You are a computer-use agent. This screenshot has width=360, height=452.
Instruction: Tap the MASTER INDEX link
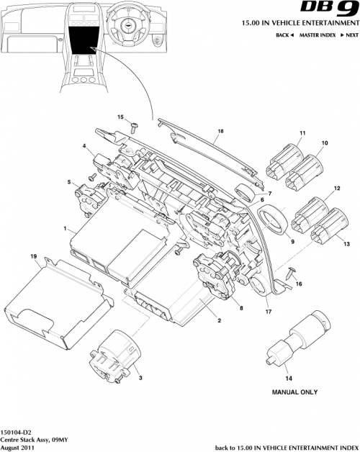[x=320, y=35]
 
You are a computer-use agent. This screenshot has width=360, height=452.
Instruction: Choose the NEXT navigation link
[x=350, y=35]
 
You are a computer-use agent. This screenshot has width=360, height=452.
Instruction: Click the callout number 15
[x=121, y=117]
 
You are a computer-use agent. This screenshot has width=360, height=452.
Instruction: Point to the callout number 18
[x=220, y=132]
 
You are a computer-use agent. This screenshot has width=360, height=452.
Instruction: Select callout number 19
[x=34, y=256]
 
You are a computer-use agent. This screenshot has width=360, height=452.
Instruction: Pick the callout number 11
[x=302, y=132]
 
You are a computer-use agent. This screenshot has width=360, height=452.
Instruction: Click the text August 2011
[x=18, y=446]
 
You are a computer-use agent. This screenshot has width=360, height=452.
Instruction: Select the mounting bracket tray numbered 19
[x=58, y=302]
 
